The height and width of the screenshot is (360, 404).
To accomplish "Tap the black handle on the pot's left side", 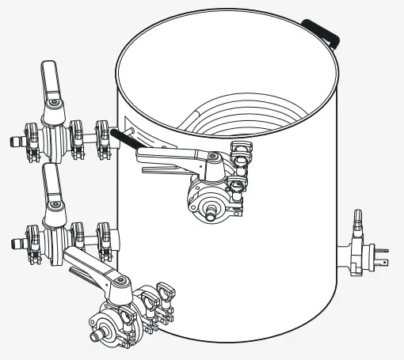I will pyautogui.click(x=124, y=140).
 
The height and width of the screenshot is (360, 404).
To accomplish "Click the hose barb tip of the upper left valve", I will pyautogui.click(x=10, y=142).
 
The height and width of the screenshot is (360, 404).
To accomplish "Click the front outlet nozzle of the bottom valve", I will pyautogui.click(x=97, y=339).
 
